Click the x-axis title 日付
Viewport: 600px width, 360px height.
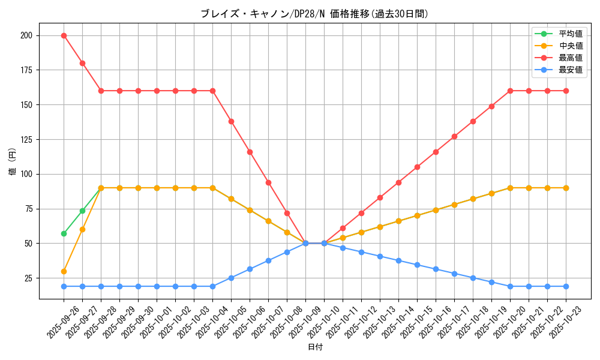(x=315, y=347)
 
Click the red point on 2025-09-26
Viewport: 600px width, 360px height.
(x=64, y=35)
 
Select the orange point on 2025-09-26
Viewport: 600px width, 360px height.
(x=64, y=271)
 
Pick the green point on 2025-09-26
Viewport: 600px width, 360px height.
(x=64, y=233)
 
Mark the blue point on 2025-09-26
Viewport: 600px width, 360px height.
(x=64, y=286)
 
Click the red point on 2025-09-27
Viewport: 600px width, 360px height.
(x=82, y=63)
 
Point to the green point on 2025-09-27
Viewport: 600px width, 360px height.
(x=82, y=211)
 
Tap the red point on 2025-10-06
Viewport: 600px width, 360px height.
(x=250, y=152)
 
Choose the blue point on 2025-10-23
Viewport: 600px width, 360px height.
(x=566, y=286)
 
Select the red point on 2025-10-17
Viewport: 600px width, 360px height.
(x=454, y=136)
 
